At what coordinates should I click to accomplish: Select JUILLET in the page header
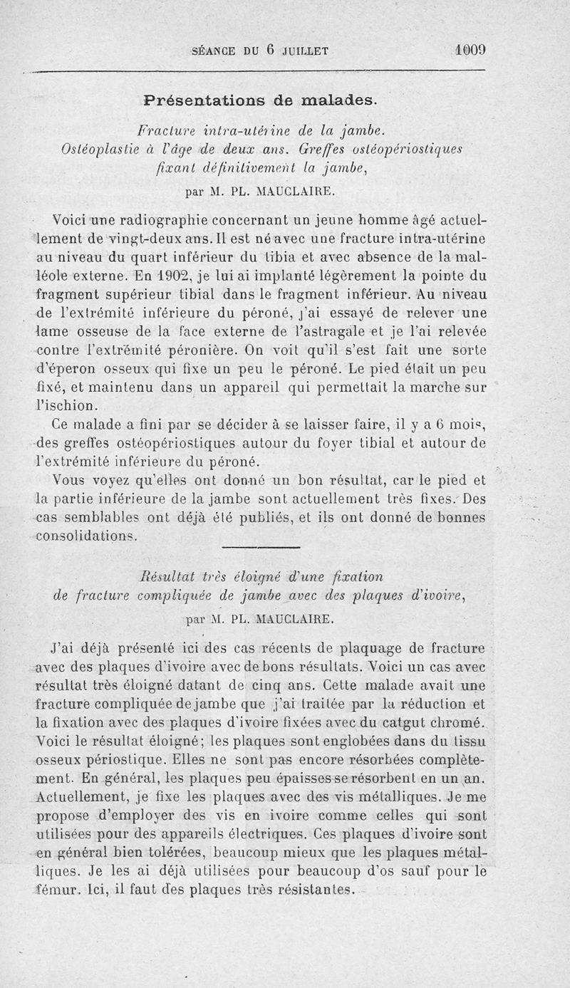[x=305, y=51]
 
